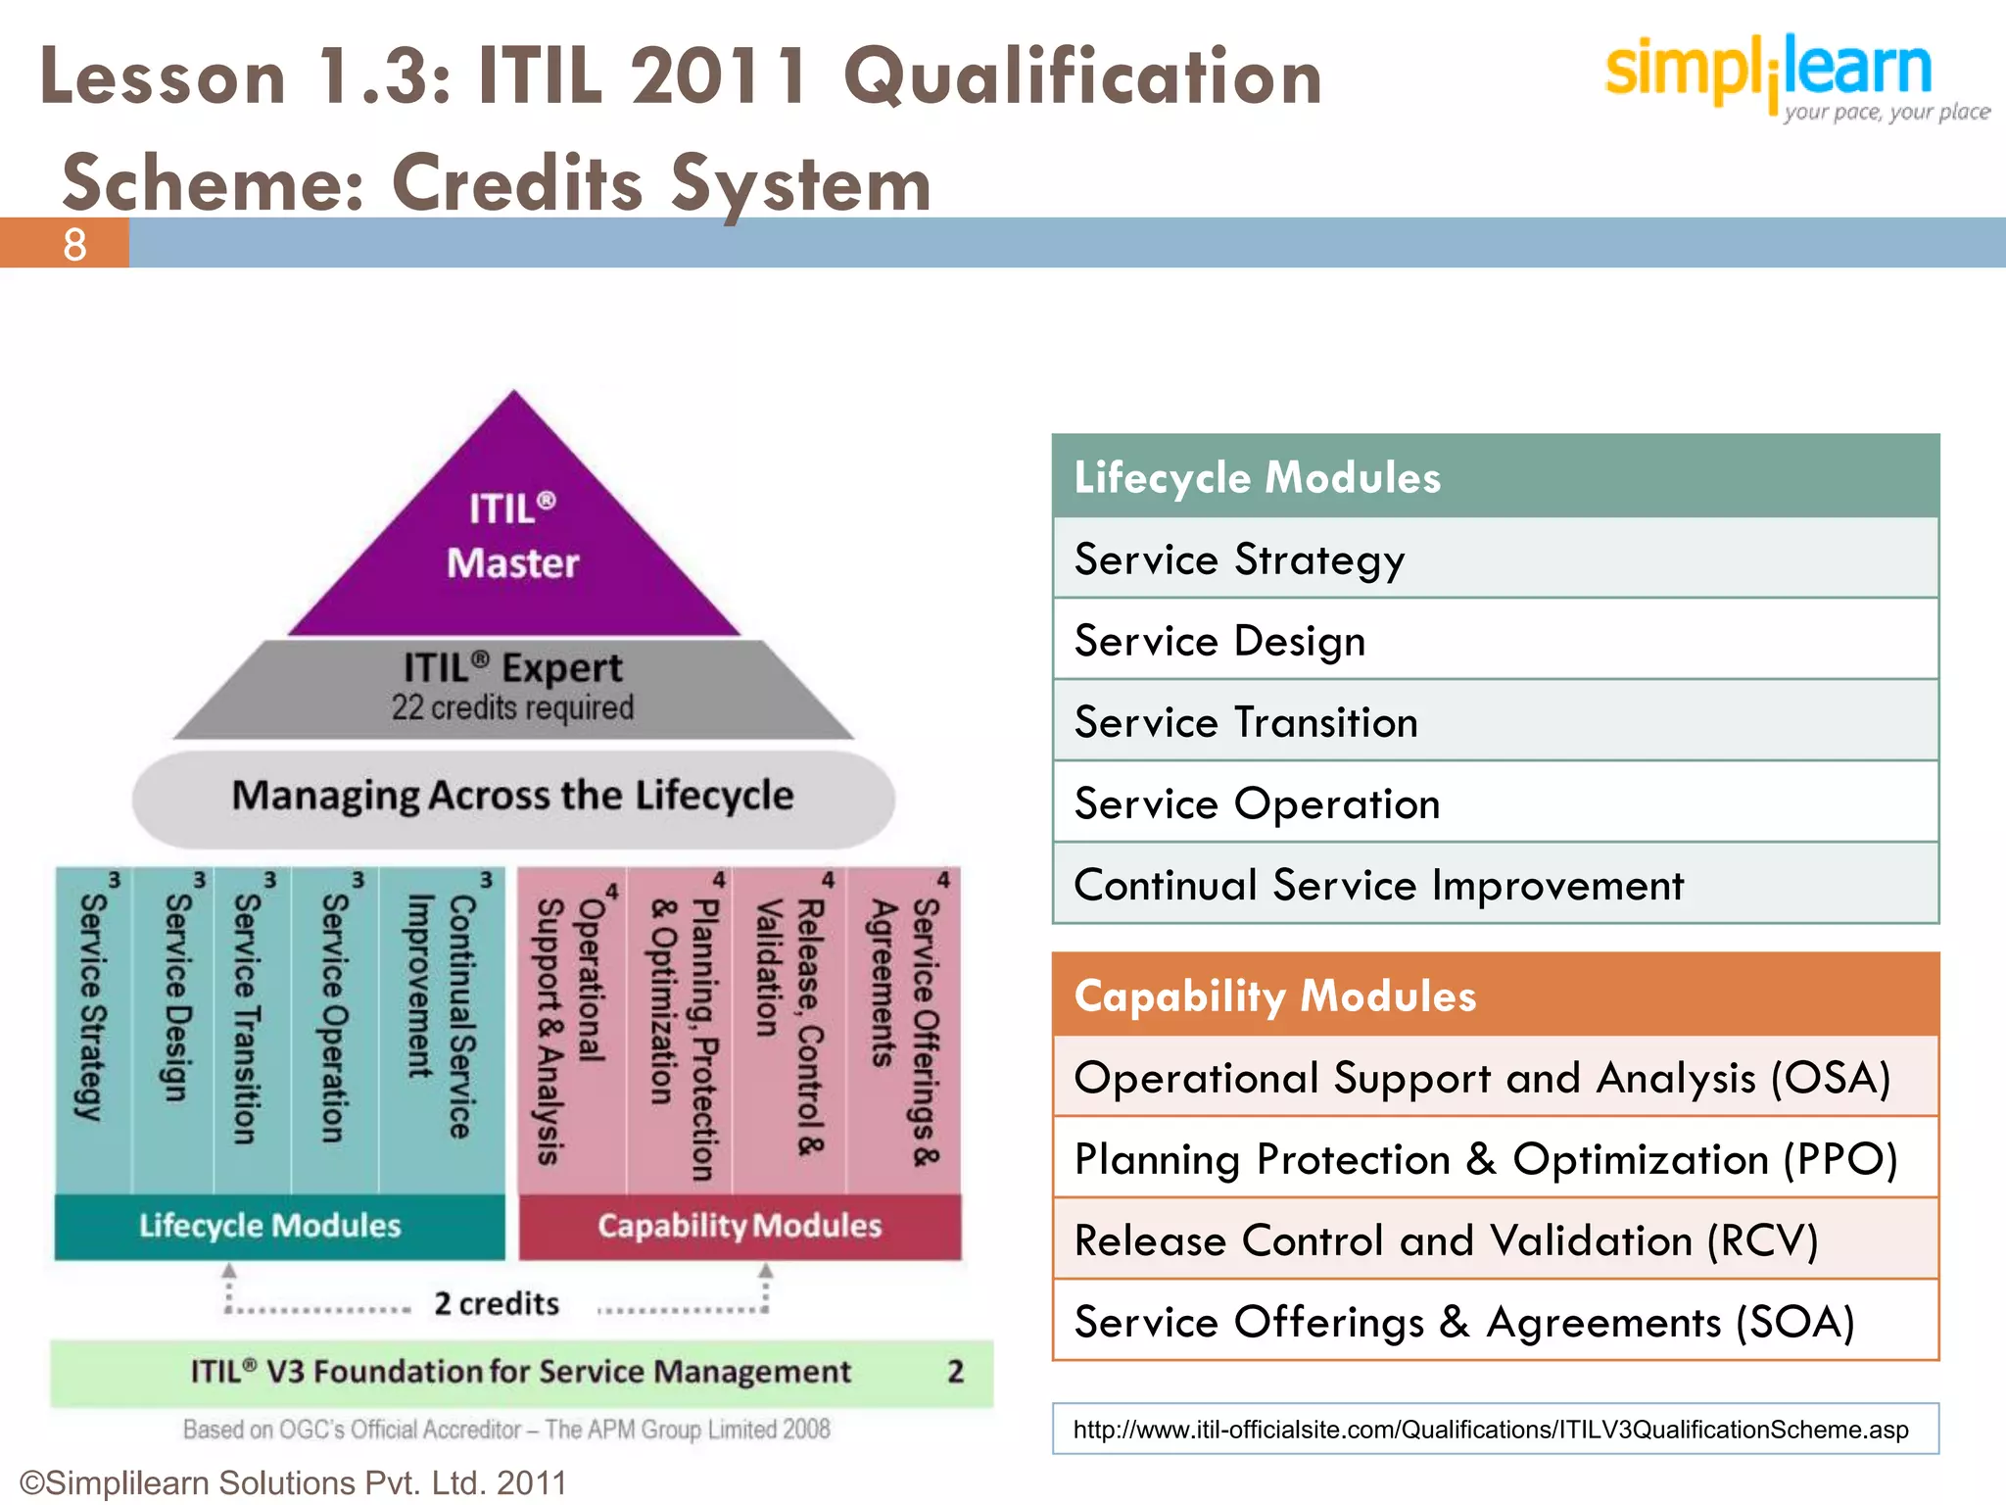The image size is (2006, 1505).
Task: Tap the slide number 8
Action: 74,244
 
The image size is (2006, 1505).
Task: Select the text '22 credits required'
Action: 513,707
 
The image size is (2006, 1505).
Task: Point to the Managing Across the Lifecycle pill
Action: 513,797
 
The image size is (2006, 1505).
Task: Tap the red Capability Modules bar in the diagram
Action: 740,1226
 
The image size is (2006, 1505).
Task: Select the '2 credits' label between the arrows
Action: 497,1304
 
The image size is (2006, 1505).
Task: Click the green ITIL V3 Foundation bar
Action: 521,1372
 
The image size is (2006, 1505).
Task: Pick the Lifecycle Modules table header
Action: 1495,477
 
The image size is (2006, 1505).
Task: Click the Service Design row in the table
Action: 1495,641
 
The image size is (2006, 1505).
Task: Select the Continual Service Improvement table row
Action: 1495,885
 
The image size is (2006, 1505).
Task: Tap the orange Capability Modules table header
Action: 1495,995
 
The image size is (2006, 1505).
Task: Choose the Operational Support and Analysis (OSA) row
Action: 1495,1078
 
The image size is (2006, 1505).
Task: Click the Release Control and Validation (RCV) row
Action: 1495,1240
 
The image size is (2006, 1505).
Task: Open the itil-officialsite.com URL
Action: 1491,1430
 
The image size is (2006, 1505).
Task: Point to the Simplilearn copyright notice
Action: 293,1483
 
